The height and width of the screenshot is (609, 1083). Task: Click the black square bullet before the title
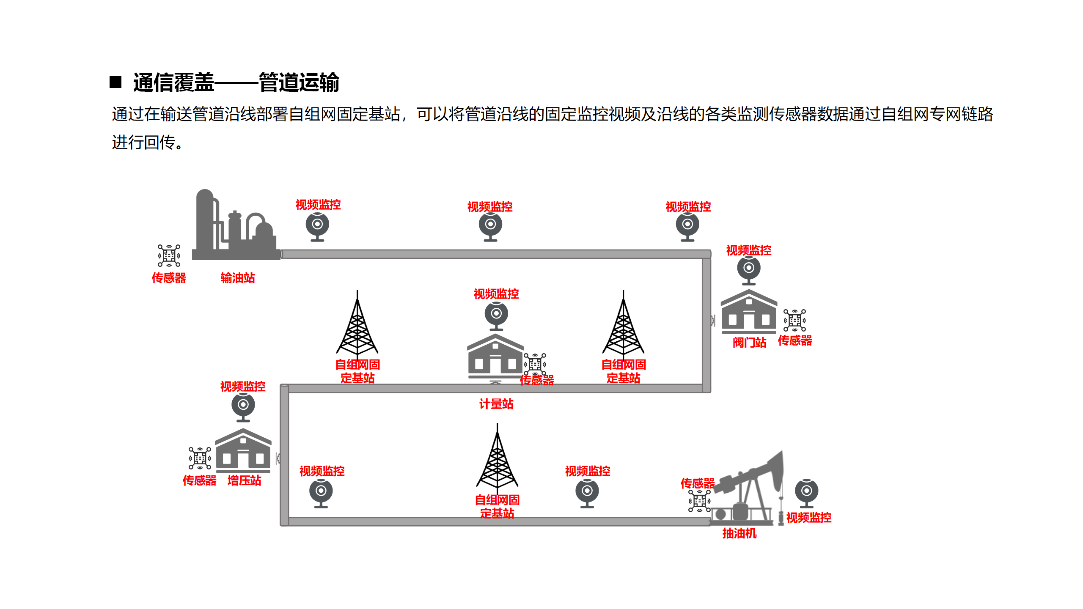coord(115,82)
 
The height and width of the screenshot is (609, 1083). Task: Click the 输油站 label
coord(238,278)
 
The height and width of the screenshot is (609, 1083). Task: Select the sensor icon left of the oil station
coord(169,255)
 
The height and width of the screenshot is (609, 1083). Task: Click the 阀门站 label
coord(749,342)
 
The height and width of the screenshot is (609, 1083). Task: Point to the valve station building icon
coord(749,312)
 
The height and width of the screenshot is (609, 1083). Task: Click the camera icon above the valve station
coord(749,270)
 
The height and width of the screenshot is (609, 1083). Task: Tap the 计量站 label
coord(496,404)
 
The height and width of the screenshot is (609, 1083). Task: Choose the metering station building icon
coord(495,356)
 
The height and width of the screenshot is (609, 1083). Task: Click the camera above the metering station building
coord(496,315)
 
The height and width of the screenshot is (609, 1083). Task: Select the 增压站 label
coord(244,480)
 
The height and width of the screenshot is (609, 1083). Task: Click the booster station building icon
coord(243,450)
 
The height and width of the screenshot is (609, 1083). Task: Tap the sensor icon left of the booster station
coord(200,458)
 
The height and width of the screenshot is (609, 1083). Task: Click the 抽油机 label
coord(739,533)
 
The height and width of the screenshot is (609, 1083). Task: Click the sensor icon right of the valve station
coord(794,320)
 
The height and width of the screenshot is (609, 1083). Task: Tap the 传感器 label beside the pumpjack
coord(697,483)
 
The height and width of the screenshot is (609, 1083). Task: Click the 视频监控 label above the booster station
coord(243,386)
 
